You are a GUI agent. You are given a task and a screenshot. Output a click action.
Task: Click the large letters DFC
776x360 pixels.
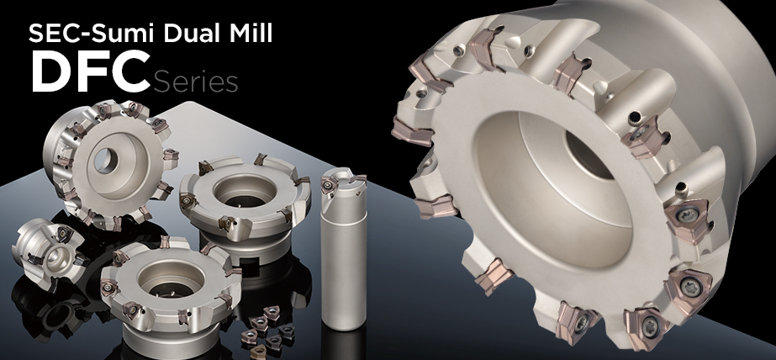91,71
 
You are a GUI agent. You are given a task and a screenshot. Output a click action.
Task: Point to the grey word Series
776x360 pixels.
196,82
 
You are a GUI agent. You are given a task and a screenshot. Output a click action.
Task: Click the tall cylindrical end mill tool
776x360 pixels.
344,247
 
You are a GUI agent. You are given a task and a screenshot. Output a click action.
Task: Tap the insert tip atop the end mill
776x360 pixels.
329,186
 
